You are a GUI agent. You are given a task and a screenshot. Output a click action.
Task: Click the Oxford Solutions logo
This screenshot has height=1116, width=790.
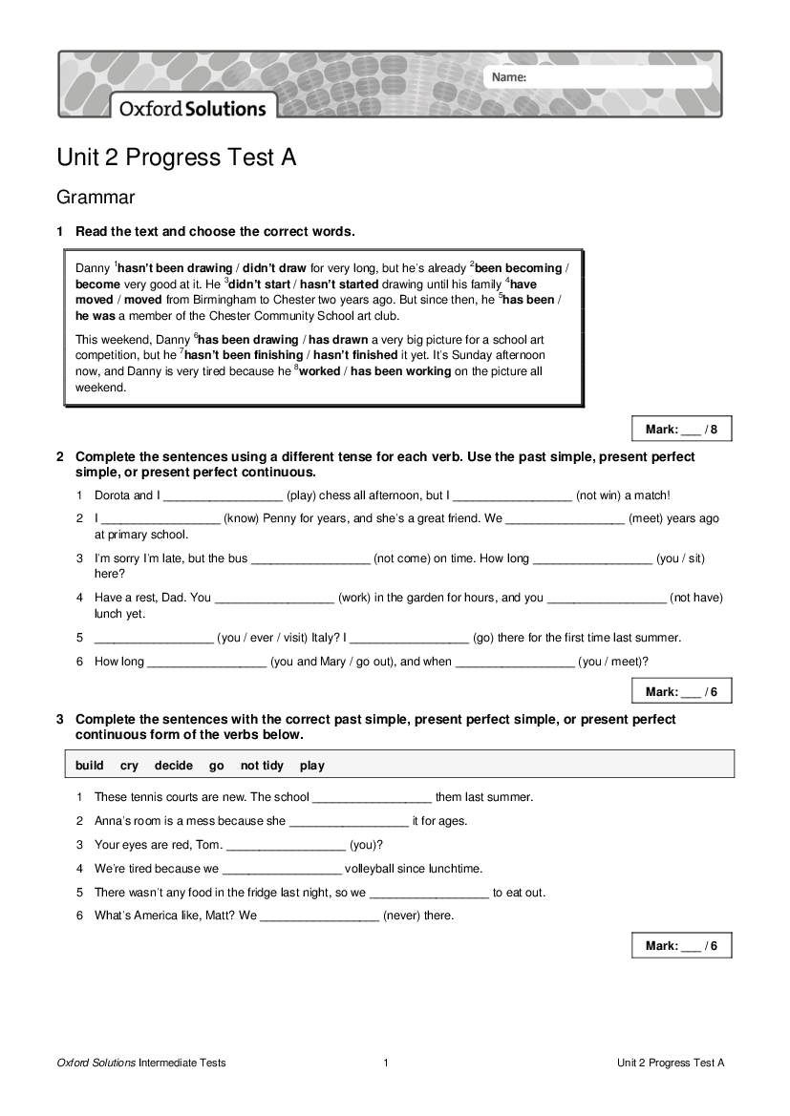192,109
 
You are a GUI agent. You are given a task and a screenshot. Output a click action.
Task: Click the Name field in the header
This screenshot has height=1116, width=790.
611,76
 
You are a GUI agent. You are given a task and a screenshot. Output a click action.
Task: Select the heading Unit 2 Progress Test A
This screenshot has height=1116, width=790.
176,158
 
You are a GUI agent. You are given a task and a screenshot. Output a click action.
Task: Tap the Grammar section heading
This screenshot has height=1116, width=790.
96,198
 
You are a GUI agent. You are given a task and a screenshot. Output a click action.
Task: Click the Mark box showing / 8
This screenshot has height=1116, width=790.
681,430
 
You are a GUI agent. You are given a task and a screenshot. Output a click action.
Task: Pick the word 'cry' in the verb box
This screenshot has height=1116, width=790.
129,765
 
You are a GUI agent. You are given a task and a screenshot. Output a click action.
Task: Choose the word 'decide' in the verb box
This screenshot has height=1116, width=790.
174,765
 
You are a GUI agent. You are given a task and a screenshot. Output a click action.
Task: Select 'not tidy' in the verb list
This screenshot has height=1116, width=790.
262,765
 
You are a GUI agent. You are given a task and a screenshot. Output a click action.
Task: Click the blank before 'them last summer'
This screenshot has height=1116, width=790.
372,797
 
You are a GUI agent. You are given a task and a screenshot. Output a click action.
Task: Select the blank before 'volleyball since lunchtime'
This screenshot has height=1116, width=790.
281,869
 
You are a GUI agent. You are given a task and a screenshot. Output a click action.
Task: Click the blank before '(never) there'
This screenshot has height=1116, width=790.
319,916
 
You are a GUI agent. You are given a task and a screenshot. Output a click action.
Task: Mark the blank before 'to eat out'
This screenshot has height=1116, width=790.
428,893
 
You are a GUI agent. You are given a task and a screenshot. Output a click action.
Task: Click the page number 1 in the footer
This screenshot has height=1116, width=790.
386,1063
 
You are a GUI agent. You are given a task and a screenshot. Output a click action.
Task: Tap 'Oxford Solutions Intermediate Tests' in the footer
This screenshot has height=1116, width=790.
141,1063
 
